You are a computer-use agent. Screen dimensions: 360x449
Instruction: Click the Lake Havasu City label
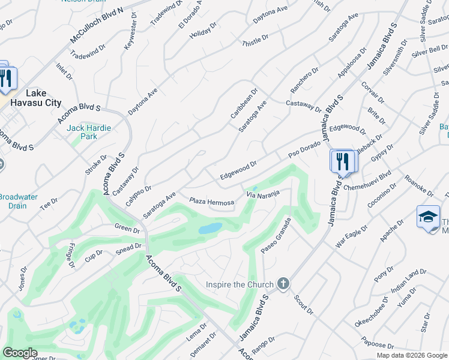(x=43, y=98)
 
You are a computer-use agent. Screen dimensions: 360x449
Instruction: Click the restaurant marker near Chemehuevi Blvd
(x=342, y=161)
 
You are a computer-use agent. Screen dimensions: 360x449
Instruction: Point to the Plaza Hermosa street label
(x=211, y=202)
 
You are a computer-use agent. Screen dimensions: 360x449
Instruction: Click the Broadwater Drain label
(x=18, y=201)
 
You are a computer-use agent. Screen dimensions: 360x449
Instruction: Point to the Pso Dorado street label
(x=304, y=148)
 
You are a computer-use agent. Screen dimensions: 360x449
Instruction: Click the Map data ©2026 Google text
(x=412, y=355)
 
